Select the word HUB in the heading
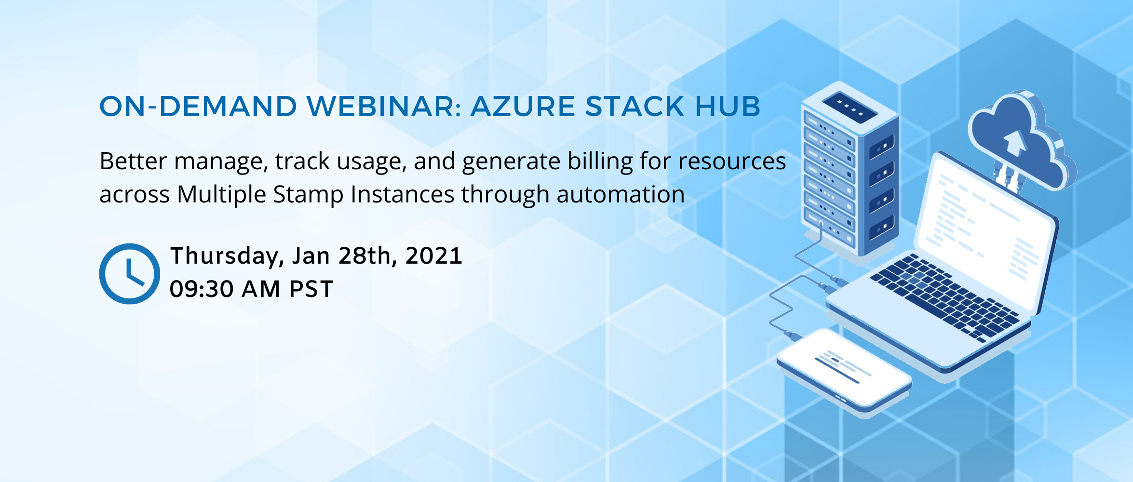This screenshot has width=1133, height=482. pyautogui.click(x=728, y=106)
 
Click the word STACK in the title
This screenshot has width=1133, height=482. pyautogui.click(x=635, y=106)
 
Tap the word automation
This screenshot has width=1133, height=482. pyautogui.click(x=620, y=195)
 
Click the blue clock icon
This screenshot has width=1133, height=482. pyautogui.click(x=129, y=274)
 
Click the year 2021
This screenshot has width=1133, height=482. pyautogui.click(x=434, y=256)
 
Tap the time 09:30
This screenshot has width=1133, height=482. pyautogui.click(x=202, y=289)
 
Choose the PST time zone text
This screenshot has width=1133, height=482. pyautogui.click(x=311, y=289)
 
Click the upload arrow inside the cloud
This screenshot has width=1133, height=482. pyautogui.click(x=1015, y=143)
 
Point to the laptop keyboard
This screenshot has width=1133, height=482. pyautogui.click(x=945, y=296)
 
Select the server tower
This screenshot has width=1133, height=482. pyautogui.click(x=850, y=169)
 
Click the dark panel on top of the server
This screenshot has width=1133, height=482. pyautogui.click(x=850, y=107)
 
